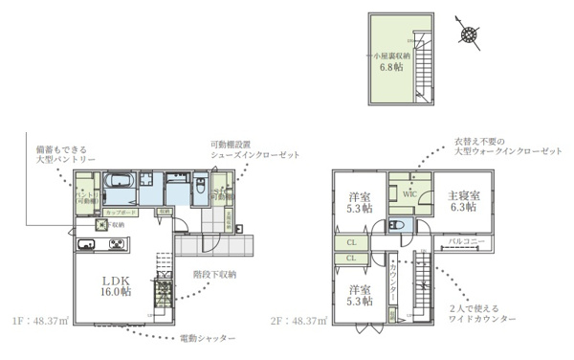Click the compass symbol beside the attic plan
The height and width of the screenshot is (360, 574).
469,35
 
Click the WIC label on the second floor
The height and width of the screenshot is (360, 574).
409,192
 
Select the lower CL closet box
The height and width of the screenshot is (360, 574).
352,258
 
